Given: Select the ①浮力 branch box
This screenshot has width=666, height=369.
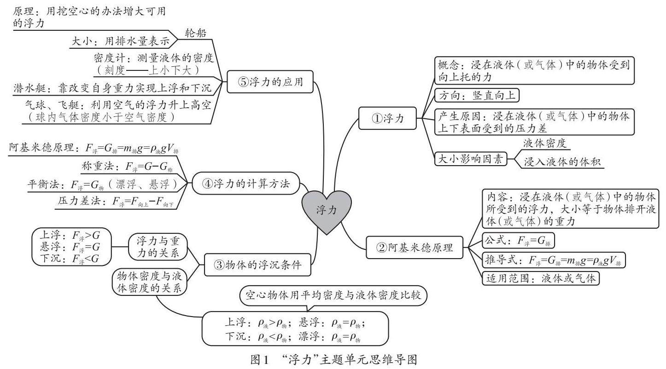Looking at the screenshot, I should point(387,118).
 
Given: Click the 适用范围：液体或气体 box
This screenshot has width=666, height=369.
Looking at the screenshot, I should point(541,279).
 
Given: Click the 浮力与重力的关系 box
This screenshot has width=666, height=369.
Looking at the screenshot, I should point(158,247).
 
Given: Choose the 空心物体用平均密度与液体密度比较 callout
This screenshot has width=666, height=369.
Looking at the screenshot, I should point(333,295).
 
